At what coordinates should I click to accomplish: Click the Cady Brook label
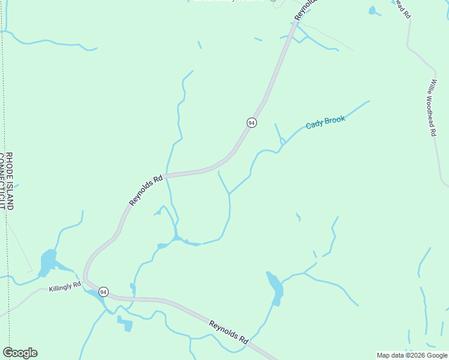[325, 122]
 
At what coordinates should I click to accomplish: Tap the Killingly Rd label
[65, 287]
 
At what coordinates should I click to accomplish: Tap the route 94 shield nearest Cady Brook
[252, 122]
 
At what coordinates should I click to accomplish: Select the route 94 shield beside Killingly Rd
[104, 292]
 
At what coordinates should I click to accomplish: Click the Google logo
[20, 353]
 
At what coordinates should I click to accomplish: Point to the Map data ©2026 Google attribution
[412, 355]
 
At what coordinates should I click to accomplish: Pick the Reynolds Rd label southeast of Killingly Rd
[229, 332]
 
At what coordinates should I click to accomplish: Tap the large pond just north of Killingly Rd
[47, 262]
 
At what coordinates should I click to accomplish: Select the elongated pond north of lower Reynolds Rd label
[276, 287]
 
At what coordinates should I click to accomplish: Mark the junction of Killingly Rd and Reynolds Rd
[86, 280]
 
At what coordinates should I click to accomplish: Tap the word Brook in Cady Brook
[335, 121]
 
